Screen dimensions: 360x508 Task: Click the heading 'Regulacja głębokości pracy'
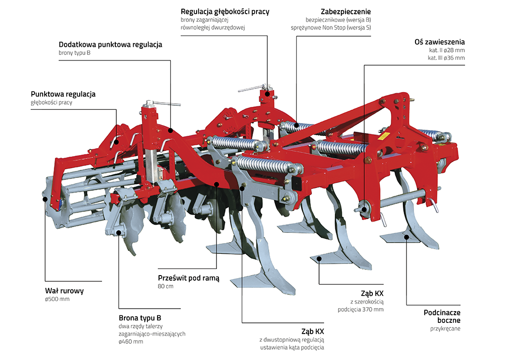(225, 11)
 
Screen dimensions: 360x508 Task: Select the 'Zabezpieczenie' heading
(345, 11)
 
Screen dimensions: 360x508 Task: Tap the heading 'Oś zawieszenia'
(439, 42)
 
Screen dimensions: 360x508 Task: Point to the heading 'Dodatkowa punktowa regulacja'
(110, 44)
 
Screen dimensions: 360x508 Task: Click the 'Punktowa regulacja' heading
(63, 94)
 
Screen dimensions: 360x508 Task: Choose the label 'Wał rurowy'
(64, 291)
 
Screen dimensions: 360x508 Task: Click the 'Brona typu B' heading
(140, 317)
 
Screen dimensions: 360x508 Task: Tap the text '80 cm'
(166, 287)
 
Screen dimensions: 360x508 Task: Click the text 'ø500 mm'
(57, 299)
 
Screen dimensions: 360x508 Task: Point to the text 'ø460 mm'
(131, 342)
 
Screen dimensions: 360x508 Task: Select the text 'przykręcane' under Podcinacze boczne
(446, 329)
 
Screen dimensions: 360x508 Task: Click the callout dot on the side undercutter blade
(406, 235)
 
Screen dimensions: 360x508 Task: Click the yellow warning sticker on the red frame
(385, 136)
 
